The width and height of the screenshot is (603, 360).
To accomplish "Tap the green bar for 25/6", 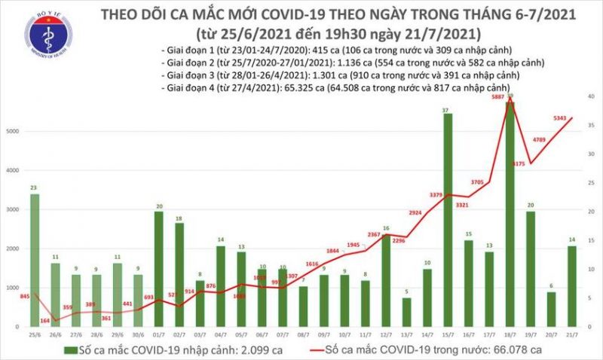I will click(35, 260).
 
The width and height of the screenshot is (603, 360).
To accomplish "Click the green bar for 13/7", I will click(406, 312).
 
